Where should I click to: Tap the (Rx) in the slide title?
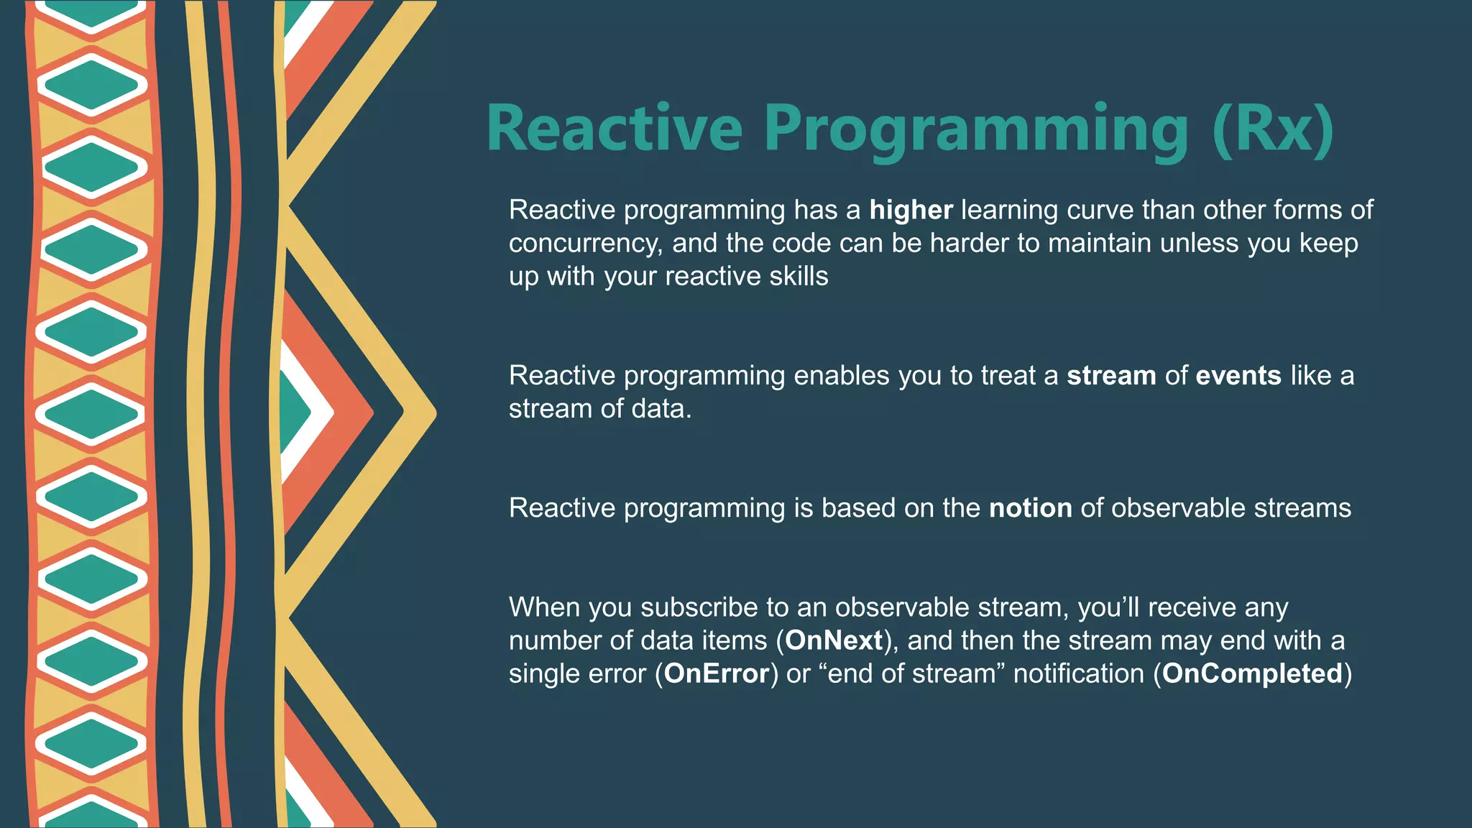point(1273,130)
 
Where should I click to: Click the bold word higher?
point(911,210)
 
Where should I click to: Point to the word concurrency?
point(585,244)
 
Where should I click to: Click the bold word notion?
point(1031,508)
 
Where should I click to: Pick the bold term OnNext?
point(834,640)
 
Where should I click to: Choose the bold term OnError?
point(717,673)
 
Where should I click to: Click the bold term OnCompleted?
point(1252,674)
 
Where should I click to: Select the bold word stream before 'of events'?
point(1111,376)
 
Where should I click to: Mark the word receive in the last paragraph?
point(1192,607)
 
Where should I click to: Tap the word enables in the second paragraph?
point(842,376)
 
